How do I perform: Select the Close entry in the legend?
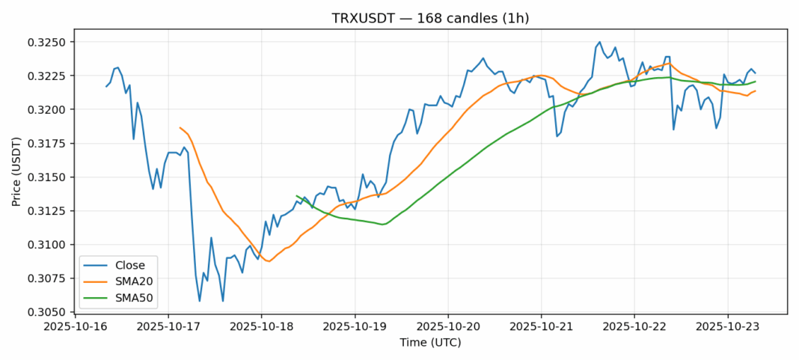tap(131, 265)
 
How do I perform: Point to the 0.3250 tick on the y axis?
tap(52, 42)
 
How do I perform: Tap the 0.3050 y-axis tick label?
tap(52, 312)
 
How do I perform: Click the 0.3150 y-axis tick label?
tap(52, 177)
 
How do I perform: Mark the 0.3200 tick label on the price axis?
tap(52, 109)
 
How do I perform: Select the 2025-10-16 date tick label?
tap(75, 327)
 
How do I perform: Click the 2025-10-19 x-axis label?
tap(355, 327)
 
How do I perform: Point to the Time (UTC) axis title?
tap(430, 343)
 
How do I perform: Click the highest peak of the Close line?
tap(599, 42)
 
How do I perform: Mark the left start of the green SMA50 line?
tap(297, 196)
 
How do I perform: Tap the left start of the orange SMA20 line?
tap(180, 127)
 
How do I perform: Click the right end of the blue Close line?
tap(755, 73)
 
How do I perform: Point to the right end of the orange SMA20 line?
tap(755, 91)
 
